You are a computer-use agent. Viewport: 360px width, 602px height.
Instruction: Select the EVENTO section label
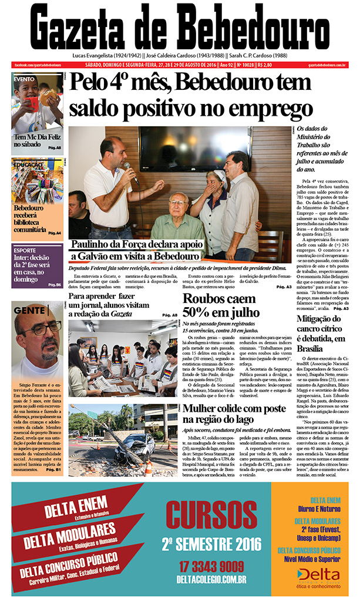coord(25,78)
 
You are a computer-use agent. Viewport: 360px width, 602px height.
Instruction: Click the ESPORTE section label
coord(25,247)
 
